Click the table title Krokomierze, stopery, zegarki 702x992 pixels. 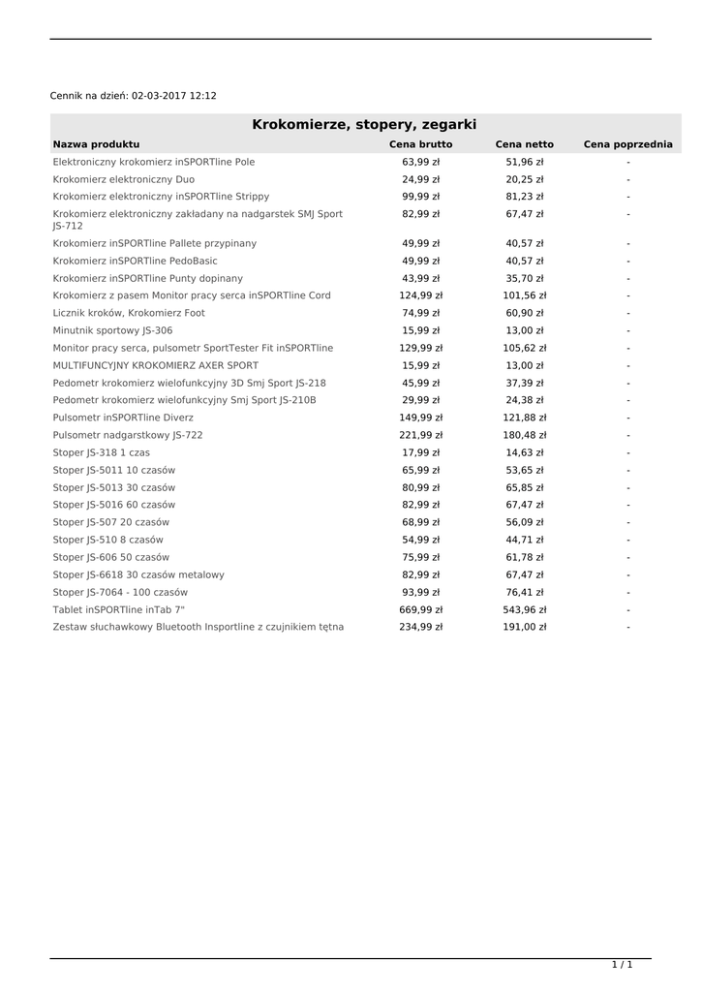coord(364,124)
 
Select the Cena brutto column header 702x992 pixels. coord(420,144)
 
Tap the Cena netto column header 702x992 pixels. coord(524,144)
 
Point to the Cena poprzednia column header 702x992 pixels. coord(627,144)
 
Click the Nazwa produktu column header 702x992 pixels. coord(96,144)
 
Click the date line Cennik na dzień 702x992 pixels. coord(133,96)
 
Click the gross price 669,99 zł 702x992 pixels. coord(420,610)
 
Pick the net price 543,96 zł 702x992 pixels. coord(524,610)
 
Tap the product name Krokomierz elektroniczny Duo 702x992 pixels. coord(123,179)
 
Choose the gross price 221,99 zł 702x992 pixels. coord(420,436)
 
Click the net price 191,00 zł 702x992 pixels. coord(524,628)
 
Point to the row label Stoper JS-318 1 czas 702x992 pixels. coord(101,453)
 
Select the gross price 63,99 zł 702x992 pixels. coord(420,162)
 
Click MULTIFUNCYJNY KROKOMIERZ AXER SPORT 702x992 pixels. coord(155,366)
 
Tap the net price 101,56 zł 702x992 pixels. coord(524,295)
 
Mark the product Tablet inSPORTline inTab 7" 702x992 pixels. coord(118,610)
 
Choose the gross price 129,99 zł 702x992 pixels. coord(420,348)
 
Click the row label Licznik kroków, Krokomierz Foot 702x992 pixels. coord(129,313)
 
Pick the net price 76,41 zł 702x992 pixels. coord(524,593)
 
